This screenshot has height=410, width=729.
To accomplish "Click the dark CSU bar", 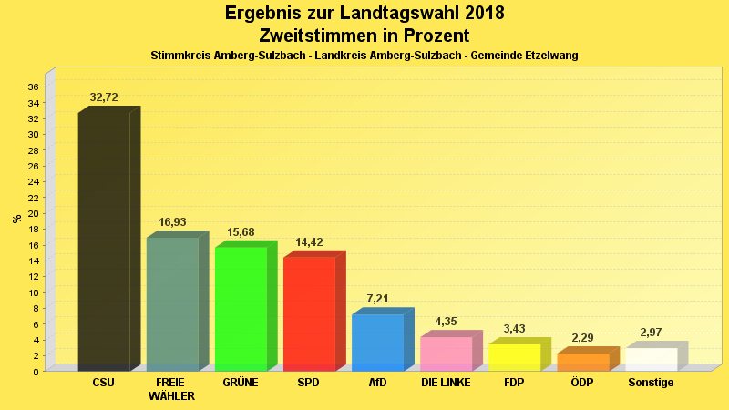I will pyautogui.click(x=104, y=241).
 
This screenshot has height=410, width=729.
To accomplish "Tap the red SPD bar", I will pyautogui.click(x=309, y=313).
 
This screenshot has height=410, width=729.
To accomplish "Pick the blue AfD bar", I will pyautogui.click(x=377, y=342).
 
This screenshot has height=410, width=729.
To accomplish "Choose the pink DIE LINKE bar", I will pyautogui.click(x=446, y=354).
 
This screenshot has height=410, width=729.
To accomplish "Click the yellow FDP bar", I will pyautogui.click(x=514, y=357).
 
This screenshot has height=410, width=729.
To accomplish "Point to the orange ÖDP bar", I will pyautogui.click(x=582, y=362).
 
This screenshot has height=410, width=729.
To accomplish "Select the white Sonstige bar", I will pyautogui.click(x=651, y=359).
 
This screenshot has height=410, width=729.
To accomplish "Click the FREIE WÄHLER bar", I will pyautogui.click(x=172, y=303).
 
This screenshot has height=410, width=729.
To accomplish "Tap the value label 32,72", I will pyautogui.click(x=104, y=97).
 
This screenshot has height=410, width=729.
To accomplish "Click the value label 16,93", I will pyautogui.click(x=172, y=222).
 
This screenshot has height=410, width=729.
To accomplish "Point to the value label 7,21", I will pyautogui.click(x=377, y=299).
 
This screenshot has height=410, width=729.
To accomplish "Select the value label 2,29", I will pyautogui.click(x=582, y=338).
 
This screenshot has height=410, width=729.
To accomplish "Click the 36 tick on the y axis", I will pyautogui.click(x=33, y=87).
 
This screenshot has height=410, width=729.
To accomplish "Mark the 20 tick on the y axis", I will pyautogui.click(x=33, y=213).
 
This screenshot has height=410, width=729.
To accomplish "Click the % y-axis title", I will pyautogui.click(x=16, y=219).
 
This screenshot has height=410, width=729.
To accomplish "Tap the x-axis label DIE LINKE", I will pyautogui.click(x=446, y=383).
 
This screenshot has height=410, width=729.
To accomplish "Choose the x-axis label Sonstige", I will pyautogui.click(x=651, y=383).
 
